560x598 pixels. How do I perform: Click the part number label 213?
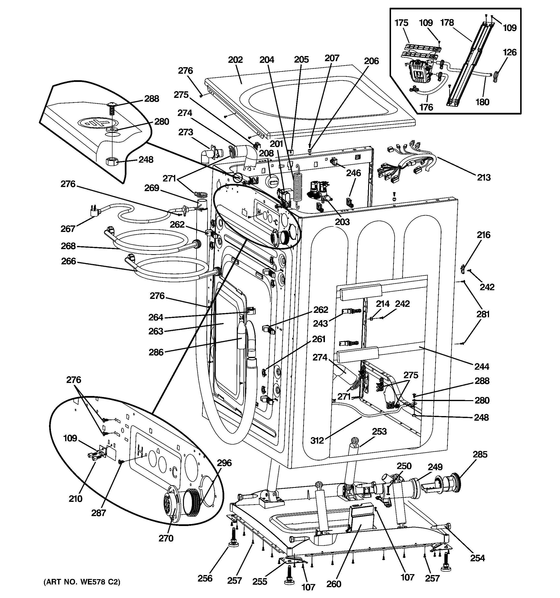tap(484, 178)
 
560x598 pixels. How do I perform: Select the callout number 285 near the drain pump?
tap(480, 454)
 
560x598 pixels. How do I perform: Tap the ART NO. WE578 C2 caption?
tap(82, 582)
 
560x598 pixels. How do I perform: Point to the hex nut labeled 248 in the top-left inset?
tap(110, 162)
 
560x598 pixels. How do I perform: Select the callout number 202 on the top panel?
tap(235, 60)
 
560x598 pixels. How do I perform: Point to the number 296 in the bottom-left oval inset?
tap(224, 463)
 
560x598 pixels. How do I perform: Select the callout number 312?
tap(317, 441)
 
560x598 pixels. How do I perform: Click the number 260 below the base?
tap(334, 584)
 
